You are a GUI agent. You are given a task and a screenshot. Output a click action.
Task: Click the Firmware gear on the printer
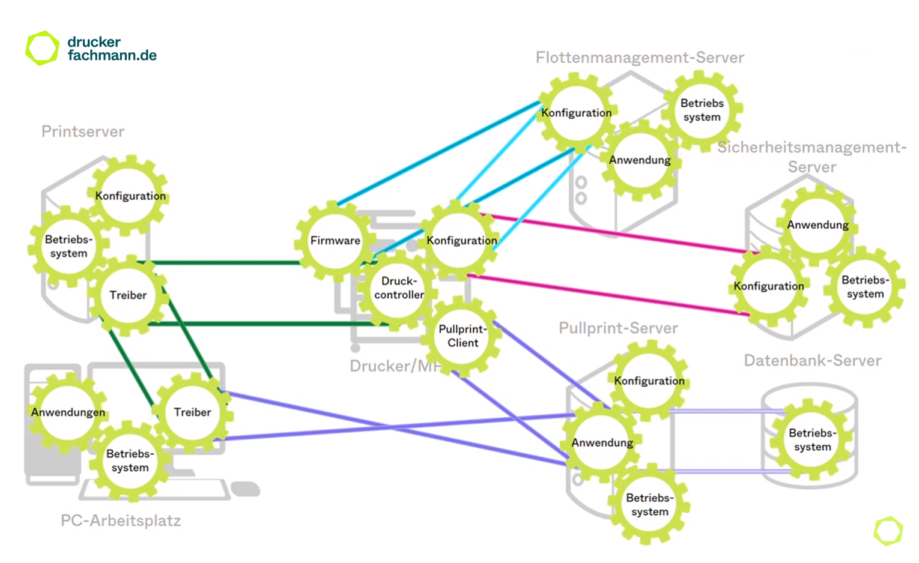point(335,241)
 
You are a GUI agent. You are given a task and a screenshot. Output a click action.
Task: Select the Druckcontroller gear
point(398,288)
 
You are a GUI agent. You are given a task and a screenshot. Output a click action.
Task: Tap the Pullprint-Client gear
point(463,336)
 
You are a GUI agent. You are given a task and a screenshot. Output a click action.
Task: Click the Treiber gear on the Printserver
point(128,295)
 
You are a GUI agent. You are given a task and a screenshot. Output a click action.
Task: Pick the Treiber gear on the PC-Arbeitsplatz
point(192,412)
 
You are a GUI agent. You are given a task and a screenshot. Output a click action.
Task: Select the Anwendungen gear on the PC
point(68,412)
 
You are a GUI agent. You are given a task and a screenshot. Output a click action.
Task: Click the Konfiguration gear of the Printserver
point(130,196)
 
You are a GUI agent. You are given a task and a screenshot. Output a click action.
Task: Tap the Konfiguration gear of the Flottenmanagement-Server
point(576,113)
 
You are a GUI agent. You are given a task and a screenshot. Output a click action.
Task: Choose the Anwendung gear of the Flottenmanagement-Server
point(639,160)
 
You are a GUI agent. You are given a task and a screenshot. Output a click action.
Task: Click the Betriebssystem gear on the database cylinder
point(812,440)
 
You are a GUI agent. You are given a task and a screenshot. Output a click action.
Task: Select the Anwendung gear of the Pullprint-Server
point(602,443)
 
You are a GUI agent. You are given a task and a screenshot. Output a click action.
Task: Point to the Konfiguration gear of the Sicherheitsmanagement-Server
point(768,286)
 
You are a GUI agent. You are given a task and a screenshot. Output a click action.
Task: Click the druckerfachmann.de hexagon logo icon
point(42,48)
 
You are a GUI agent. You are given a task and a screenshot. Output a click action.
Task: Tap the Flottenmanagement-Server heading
point(640,58)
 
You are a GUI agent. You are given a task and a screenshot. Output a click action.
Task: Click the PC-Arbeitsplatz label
point(121,520)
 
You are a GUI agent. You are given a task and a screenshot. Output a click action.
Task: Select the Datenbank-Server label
point(812,360)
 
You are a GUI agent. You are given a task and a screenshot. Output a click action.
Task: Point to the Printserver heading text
point(83,131)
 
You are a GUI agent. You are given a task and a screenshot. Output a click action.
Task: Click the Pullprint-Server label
point(618,328)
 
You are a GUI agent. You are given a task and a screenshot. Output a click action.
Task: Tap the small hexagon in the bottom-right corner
point(888,531)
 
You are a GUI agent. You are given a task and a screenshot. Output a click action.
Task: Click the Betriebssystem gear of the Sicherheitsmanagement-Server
point(865,287)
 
